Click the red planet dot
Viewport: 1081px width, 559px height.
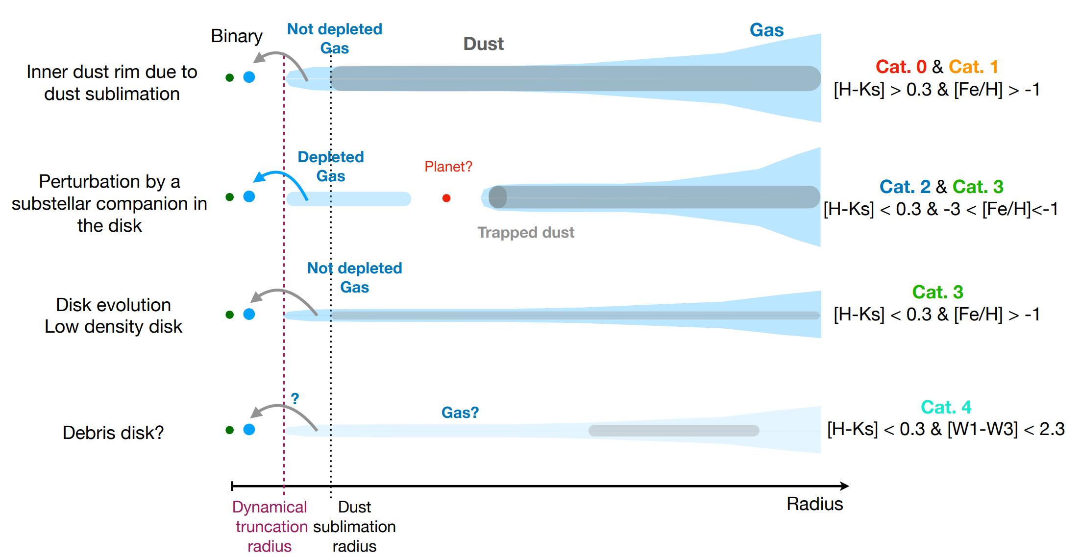coord(446,198)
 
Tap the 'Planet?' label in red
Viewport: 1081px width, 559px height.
coord(448,167)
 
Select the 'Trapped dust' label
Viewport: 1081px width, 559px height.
coord(526,232)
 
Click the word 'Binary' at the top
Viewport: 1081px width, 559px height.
coord(237,36)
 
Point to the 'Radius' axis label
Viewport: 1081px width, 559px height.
coord(814,504)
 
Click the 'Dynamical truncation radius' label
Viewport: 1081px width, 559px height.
coord(270,526)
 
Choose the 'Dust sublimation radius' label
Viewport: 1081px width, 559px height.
coord(354,526)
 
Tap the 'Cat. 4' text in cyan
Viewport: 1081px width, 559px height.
coord(946,407)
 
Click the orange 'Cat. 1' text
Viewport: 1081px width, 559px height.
coord(973,67)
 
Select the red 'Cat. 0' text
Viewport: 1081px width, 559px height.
coord(901,67)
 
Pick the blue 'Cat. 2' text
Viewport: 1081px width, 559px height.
coord(905,187)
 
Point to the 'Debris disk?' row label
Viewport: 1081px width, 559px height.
coord(113,433)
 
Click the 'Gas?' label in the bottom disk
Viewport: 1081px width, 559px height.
coord(460,413)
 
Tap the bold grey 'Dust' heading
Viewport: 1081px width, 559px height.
coord(483,44)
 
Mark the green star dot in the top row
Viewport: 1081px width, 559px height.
coord(229,77)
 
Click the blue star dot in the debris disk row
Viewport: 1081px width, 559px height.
coord(249,430)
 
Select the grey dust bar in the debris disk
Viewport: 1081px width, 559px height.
coord(673,431)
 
